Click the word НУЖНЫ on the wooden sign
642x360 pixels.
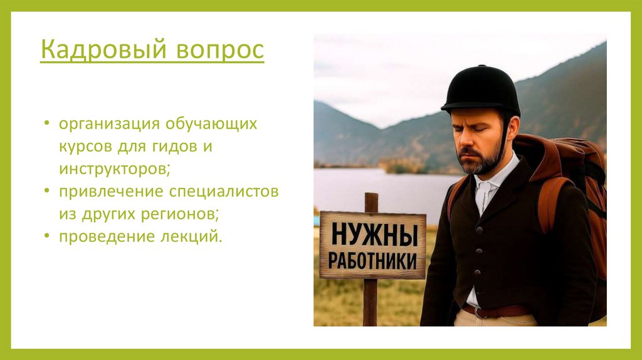click(x=374, y=235)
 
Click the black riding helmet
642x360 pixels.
click(x=481, y=90)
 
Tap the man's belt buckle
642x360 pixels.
click(x=477, y=312)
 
